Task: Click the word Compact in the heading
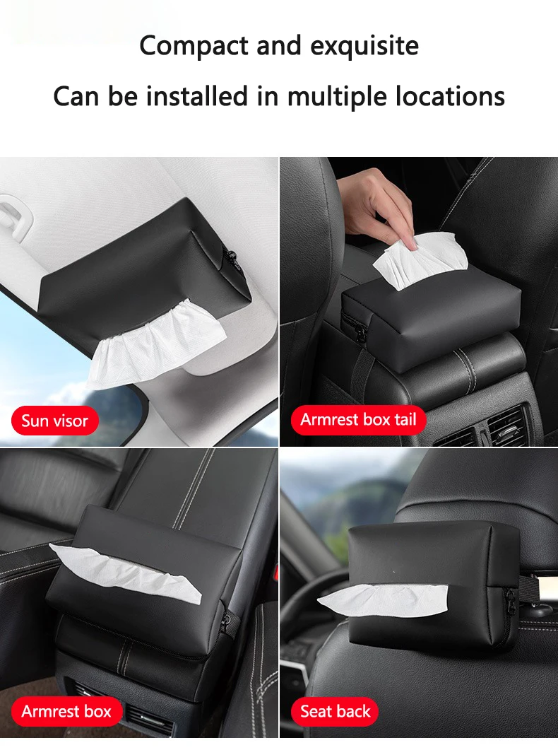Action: [194, 47]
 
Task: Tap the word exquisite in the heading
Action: [364, 47]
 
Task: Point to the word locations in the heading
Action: [450, 96]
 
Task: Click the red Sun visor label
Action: [55, 421]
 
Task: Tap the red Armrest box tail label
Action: [358, 419]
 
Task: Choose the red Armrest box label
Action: [66, 711]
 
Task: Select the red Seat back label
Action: [335, 711]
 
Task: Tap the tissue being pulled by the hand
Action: [420, 258]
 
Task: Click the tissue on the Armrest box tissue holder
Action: [125, 572]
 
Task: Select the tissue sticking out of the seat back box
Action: [383, 599]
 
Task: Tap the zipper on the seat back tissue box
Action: [510, 600]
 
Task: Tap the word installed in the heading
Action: [197, 96]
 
